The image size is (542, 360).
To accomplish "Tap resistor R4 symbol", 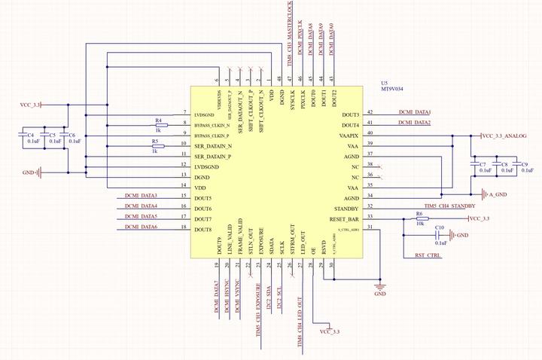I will (x=160, y=125).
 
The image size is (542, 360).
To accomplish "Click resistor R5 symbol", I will (x=156, y=145).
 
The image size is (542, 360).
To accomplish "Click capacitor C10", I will (x=440, y=235).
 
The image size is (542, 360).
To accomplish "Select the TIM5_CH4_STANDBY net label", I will (x=449, y=206).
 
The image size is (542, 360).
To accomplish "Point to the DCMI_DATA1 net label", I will (x=414, y=112).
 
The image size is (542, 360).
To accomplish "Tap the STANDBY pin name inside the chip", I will (x=346, y=208).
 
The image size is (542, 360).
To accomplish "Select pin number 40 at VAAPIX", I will (x=370, y=133).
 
